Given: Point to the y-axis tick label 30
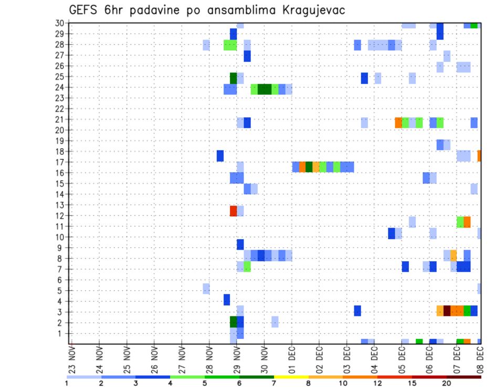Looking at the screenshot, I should point(60,23).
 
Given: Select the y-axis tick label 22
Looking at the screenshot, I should point(60,109).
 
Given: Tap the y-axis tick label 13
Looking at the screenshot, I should point(60,205).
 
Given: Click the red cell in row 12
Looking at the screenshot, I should point(234,211).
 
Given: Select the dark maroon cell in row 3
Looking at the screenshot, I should point(447,311).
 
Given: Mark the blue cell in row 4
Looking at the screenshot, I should point(227,300).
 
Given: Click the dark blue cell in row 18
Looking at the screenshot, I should point(220,156).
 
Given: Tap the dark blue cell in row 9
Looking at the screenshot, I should point(240,244).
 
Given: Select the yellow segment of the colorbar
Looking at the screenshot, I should point(291,377).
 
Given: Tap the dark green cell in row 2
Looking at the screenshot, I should point(234,321).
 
